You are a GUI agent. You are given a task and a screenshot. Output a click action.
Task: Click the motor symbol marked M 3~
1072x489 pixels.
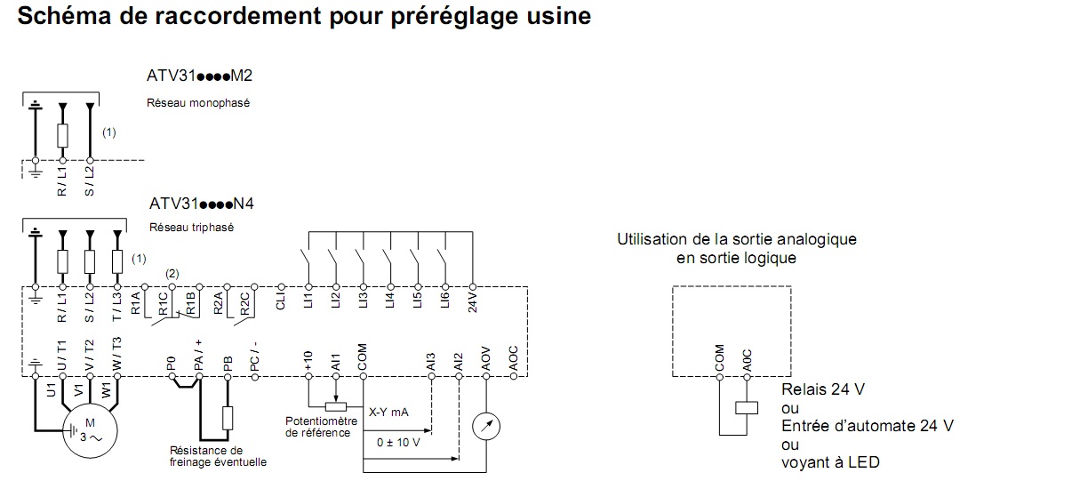(x=90, y=430)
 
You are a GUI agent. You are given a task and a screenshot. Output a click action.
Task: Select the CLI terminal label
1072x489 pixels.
(x=281, y=301)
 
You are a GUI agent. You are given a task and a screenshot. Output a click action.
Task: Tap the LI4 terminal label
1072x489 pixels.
(x=390, y=300)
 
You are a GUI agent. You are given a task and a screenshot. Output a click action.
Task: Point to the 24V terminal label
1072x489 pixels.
(x=473, y=302)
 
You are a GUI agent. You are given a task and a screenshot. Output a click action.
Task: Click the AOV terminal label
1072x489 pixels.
(x=486, y=359)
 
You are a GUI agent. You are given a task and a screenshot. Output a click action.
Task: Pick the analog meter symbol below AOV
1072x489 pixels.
(x=486, y=427)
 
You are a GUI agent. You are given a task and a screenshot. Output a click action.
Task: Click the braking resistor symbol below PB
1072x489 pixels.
(x=228, y=418)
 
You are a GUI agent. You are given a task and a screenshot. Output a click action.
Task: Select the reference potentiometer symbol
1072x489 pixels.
(x=336, y=407)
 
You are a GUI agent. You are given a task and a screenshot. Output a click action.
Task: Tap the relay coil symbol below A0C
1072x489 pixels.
(x=747, y=408)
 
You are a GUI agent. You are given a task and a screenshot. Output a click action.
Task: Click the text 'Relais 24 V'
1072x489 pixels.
(x=823, y=389)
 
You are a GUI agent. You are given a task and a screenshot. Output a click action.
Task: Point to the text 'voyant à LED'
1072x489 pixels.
(x=830, y=462)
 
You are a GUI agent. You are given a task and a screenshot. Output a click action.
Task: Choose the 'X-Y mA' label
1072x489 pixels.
(x=388, y=413)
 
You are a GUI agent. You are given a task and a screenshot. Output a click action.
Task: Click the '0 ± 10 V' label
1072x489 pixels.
(x=398, y=443)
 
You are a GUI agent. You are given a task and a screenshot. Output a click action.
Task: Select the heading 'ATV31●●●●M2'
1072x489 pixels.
(x=200, y=76)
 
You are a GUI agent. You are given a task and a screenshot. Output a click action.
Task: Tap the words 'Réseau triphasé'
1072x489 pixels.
(x=191, y=228)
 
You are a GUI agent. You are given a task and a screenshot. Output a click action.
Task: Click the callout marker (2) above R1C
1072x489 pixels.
(x=172, y=274)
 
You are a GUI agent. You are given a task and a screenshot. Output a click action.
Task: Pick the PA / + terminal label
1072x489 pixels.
(x=199, y=356)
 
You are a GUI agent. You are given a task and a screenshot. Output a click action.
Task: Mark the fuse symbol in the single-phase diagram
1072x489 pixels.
(x=63, y=135)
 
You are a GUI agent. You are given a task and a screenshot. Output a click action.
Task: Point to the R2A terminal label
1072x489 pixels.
(x=219, y=303)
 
